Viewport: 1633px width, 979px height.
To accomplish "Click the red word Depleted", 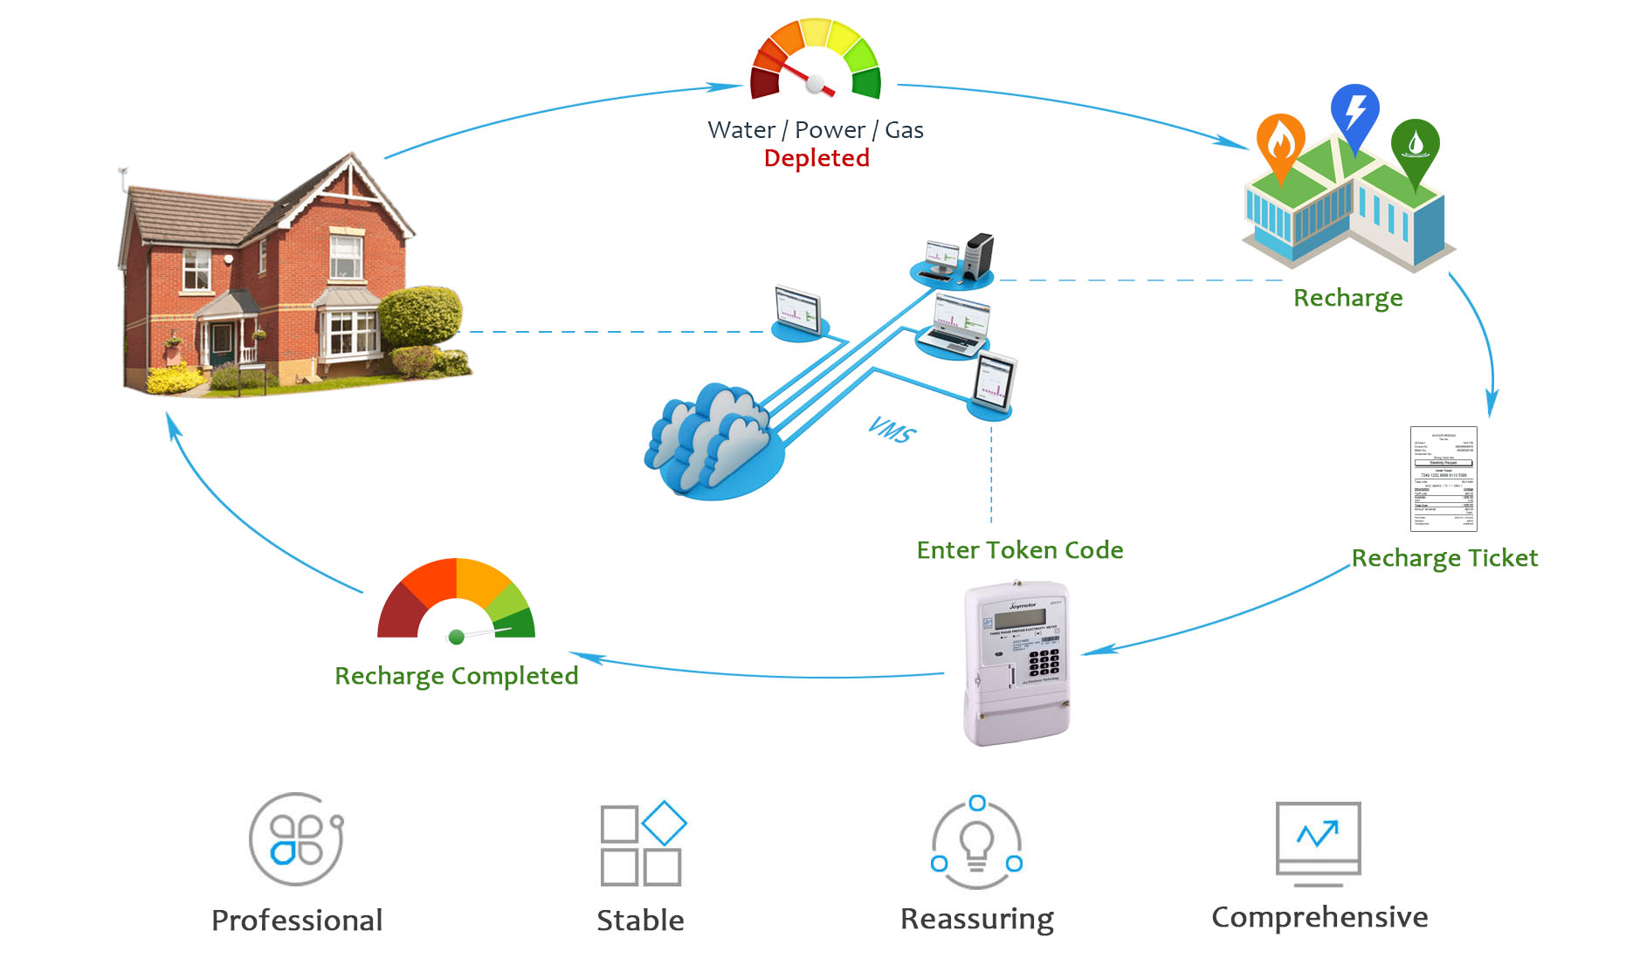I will [x=816, y=158].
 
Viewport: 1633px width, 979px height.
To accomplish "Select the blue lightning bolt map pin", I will [x=1354, y=113].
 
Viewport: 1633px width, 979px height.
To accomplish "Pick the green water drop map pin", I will [x=1415, y=145].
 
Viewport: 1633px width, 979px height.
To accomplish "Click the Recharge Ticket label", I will [x=1444, y=558].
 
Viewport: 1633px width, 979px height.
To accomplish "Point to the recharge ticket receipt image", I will [x=1444, y=479].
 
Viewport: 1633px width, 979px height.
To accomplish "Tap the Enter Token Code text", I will [x=1019, y=550].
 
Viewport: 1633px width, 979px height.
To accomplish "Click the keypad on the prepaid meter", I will [x=1043, y=662].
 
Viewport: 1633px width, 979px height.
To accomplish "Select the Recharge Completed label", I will [x=456, y=676].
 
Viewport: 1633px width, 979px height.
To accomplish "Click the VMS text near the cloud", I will [x=892, y=430].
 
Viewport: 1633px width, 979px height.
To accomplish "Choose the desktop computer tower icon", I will [x=979, y=255].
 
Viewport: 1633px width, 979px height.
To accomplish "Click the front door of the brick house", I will [x=222, y=343].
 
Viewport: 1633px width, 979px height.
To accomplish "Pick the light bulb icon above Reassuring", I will [x=976, y=843].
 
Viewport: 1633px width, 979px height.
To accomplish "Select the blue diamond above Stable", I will [x=664, y=823].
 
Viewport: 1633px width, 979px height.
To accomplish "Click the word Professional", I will [x=297, y=920].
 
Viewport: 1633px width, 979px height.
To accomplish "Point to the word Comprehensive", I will [x=1319, y=918].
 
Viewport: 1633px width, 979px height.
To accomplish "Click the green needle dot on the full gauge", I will [x=456, y=638].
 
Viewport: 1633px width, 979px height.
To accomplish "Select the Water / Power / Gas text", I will [x=815, y=130].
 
